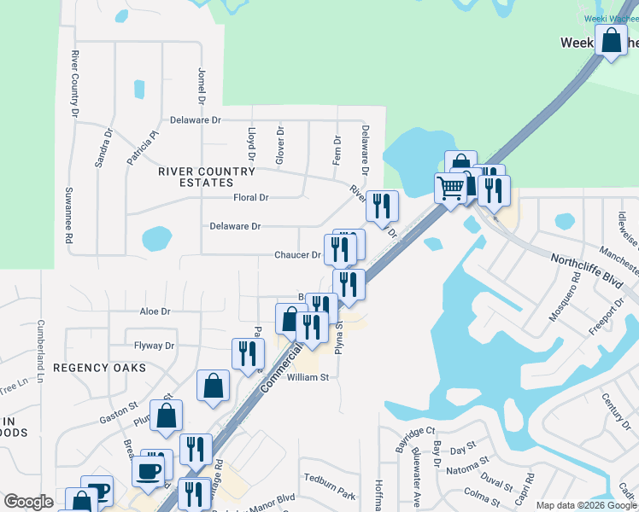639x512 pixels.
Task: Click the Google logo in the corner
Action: [x=28, y=502]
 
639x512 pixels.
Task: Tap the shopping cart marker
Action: [x=450, y=188]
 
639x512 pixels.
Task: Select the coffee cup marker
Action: [x=147, y=472]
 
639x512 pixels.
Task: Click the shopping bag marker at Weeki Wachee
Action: [x=612, y=40]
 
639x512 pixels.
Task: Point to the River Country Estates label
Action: [x=207, y=177]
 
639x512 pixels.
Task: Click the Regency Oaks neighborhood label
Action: [x=99, y=367]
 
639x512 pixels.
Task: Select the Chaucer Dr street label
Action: [x=297, y=255]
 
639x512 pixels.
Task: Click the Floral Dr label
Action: [x=251, y=198]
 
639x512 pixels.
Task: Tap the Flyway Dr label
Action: [x=154, y=346]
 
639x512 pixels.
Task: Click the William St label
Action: [x=308, y=377]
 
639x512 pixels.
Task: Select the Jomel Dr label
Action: [x=202, y=86]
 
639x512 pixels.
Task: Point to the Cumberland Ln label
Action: [x=39, y=351]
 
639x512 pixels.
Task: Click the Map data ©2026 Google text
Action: [x=586, y=505]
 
